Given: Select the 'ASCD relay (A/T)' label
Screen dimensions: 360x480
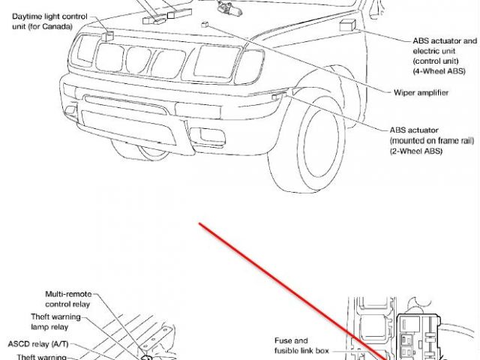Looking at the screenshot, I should pyautogui.click(x=40, y=343).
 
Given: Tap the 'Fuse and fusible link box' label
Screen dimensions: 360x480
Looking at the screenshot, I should pyautogui.click(x=291, y=346).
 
